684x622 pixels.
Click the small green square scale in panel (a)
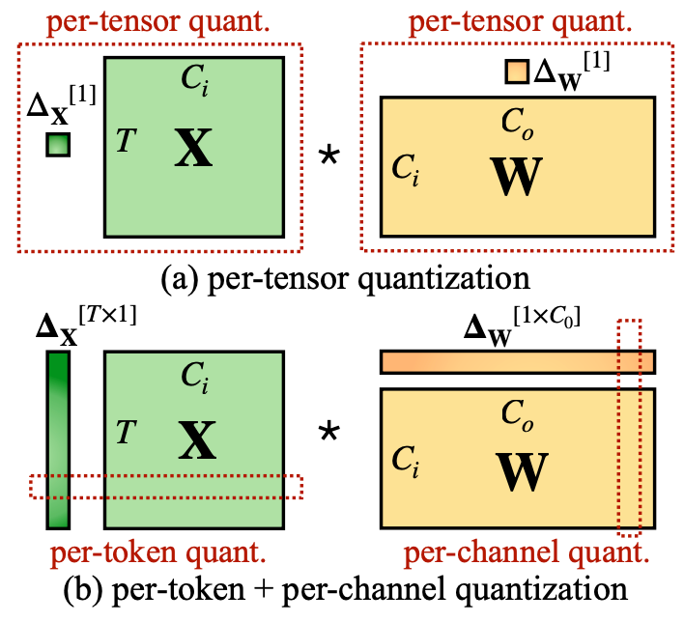(x=58, y=144)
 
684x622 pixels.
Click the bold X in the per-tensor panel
(x=193, y=150)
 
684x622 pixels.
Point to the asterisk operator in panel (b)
(x=330, y=437)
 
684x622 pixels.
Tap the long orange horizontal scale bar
(x=517, y=361)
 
